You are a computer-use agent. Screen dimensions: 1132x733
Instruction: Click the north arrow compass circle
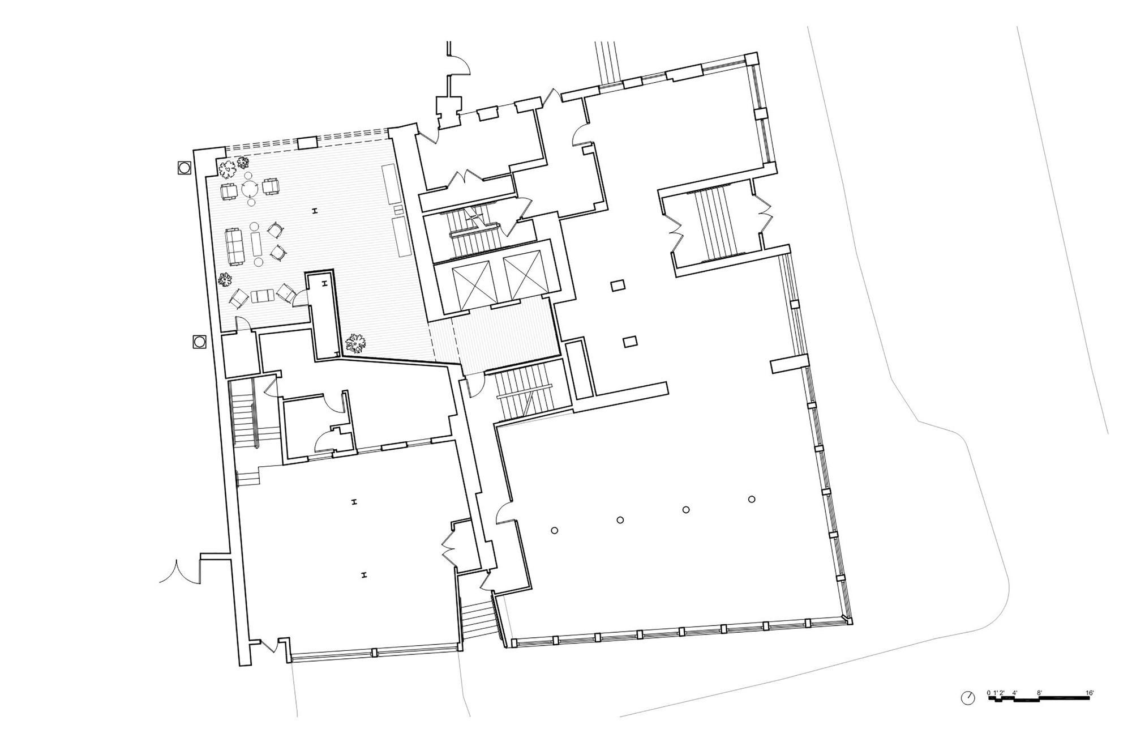[967, 698]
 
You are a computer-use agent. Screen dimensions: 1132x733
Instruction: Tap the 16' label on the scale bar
[1090, 692]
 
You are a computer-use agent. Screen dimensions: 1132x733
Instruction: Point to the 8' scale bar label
[1039, 692]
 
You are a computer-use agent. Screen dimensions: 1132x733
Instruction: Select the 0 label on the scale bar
[989, 692]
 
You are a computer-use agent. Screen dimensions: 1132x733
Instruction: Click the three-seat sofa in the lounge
[234, 246]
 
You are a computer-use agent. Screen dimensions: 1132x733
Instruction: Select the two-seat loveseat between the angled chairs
[263, 295]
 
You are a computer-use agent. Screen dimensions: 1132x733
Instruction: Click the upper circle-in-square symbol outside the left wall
[184, 168]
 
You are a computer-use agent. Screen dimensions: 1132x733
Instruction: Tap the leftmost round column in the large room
[555, 530]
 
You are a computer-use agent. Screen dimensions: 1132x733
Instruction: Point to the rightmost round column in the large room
[752, 499]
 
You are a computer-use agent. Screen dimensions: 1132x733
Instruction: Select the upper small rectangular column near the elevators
[618, 285]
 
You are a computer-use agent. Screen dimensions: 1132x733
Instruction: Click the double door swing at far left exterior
[180, 572]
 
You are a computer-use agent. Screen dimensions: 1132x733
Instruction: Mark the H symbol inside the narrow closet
[325, 284]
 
